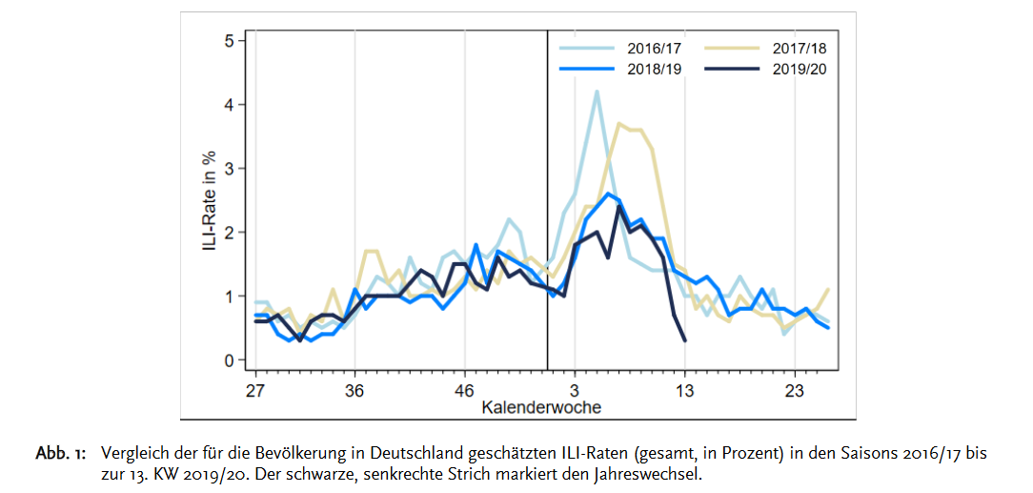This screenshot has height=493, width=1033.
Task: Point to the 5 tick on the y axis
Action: click(x=230, y=41)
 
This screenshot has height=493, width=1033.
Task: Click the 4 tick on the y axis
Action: click(x=230, y=105)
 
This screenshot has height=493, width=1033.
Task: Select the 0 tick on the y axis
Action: click(x=230, y=360)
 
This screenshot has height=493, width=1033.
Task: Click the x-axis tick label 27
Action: click(x=254, y=390)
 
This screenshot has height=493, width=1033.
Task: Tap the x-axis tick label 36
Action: click(x=354, y=390)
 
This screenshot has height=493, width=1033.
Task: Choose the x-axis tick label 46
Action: click(x=464, y=390)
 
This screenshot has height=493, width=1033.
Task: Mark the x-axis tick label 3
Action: click(x=575, y=390)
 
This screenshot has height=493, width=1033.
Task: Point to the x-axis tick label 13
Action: click(x=685, y=390)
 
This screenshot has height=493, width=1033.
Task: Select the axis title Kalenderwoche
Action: click(x=541, y=408)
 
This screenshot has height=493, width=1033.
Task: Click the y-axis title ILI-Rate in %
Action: click(x=208, y=201)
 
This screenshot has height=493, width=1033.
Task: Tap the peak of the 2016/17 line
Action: click(x=597, y=92)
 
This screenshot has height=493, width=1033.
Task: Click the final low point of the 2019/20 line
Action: click(x=685, y=340)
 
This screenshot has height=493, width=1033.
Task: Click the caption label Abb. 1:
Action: click(x=61, y=453)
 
